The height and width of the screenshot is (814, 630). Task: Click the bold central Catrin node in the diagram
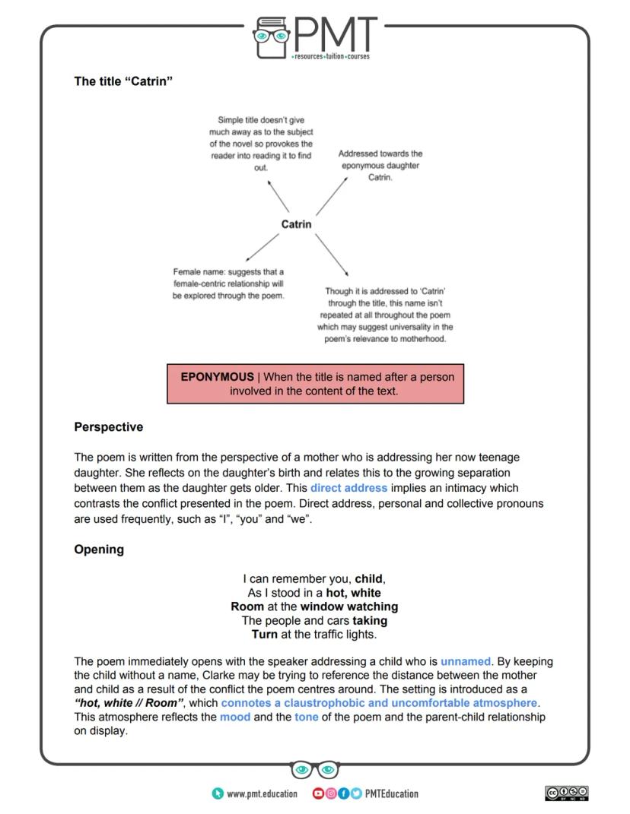coord(296,224)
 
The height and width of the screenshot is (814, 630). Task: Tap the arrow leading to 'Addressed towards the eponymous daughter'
coord(332,196)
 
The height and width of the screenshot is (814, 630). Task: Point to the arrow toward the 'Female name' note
coord(260,248)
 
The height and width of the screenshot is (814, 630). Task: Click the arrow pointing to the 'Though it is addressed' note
coord(332,255)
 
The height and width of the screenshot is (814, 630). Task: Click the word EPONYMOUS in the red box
coord(217,377)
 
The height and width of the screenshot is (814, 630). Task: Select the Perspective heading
coord(108,427)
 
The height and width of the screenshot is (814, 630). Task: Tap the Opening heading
coord(99,550)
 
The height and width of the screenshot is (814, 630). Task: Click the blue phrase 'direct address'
coord(348,488)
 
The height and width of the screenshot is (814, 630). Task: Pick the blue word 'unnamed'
coord(466,662)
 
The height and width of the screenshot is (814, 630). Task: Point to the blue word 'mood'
coord(235,717)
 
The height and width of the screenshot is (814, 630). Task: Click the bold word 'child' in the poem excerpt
coord(370,578)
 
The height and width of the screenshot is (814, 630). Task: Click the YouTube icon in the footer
coord(318,793)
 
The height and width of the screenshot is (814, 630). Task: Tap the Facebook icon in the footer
coord(344,793)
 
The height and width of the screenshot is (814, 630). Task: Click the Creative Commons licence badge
coord(567,793)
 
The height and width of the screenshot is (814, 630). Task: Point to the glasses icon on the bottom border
coord(315,770)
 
